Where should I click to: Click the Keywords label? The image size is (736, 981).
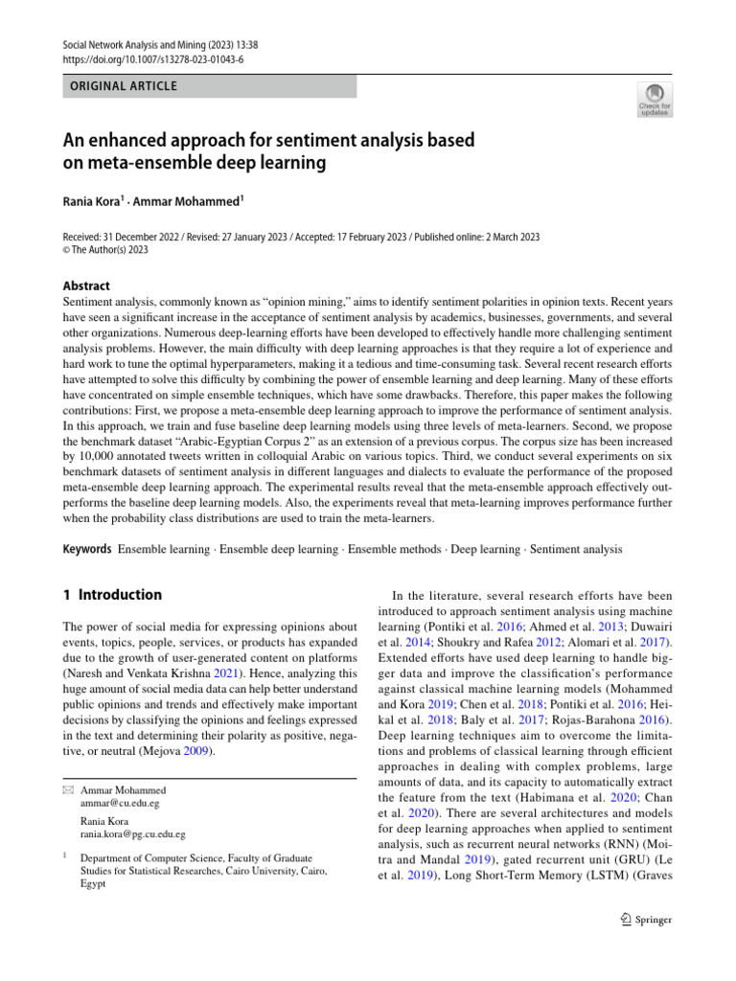pyautogui.click(x=86, y=549)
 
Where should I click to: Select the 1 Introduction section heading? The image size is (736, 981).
pyautogui.click(x=112, y=595)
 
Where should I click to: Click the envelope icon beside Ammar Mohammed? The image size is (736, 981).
pyautogui.click(x=68, y=790)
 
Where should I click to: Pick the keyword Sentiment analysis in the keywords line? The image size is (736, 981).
pyautogui.click(x=576, y=550)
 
